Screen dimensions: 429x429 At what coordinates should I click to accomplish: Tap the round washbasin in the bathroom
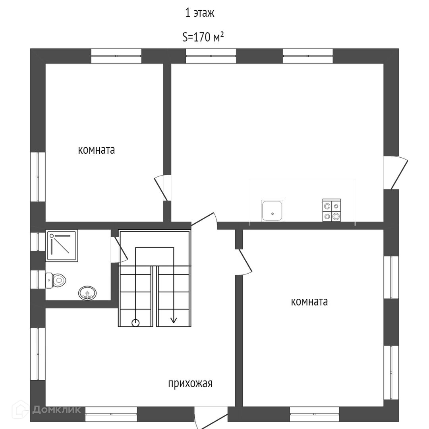(x=87, y=293)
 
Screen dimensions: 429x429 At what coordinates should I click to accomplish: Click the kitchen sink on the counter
(x=272, y=211)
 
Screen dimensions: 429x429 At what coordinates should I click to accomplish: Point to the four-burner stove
(x=331, y=211)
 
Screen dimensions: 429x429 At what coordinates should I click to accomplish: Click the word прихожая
(x=190, y=384)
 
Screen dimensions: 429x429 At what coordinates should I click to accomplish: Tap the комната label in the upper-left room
(x=97, y=151)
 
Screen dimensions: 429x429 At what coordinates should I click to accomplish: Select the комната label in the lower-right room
(x=309, y=302)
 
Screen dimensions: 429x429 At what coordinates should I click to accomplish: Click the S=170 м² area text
(x=203, y=37)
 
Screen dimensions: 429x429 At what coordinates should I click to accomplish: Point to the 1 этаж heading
(x=200, y=13)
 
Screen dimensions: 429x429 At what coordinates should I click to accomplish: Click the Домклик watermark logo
(x=47, y=410)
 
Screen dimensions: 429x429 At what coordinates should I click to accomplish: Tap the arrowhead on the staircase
(x=173, y=320)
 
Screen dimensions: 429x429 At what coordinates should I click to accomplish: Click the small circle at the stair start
(x=135, y=323)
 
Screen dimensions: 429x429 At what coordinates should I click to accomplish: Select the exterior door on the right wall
(x=397, y=173)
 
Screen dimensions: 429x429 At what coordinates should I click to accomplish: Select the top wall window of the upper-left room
(x=116, y=56)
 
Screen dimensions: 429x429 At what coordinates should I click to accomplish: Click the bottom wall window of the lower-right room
(x=314, y=414)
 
